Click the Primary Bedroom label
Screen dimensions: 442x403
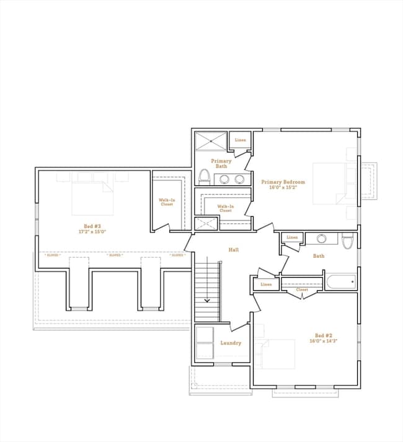[x=283, y=182]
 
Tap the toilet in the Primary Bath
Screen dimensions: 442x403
[x=203, y=178]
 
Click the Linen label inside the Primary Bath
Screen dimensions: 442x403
[x=240, y=140]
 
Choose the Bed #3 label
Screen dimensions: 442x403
[x=92, y=226]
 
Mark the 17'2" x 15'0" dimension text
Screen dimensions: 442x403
[x=92, y=232]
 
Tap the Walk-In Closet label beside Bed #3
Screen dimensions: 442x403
[x=166, y=202]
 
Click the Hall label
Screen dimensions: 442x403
[x=233, y=250]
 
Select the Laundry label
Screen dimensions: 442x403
[x=231, y=343]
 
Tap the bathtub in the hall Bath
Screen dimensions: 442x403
[x=341, y=282]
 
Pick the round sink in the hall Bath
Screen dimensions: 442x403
[x=321, y=239]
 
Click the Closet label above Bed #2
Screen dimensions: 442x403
[x=302, y=290]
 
